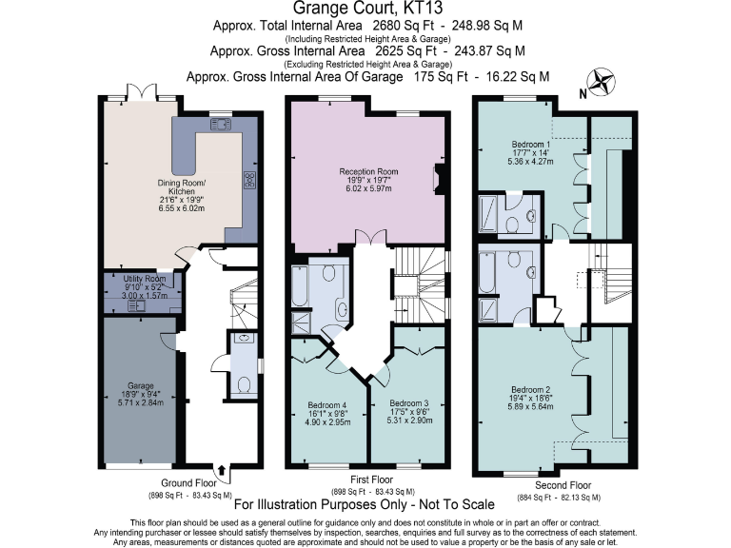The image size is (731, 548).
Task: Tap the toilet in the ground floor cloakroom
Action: point(244,384)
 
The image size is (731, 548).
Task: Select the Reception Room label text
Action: point(368,172)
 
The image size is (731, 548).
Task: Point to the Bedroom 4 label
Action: point(326,403)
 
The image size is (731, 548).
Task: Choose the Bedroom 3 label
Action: point(410,403)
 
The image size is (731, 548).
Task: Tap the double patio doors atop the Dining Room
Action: point(140,94)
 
